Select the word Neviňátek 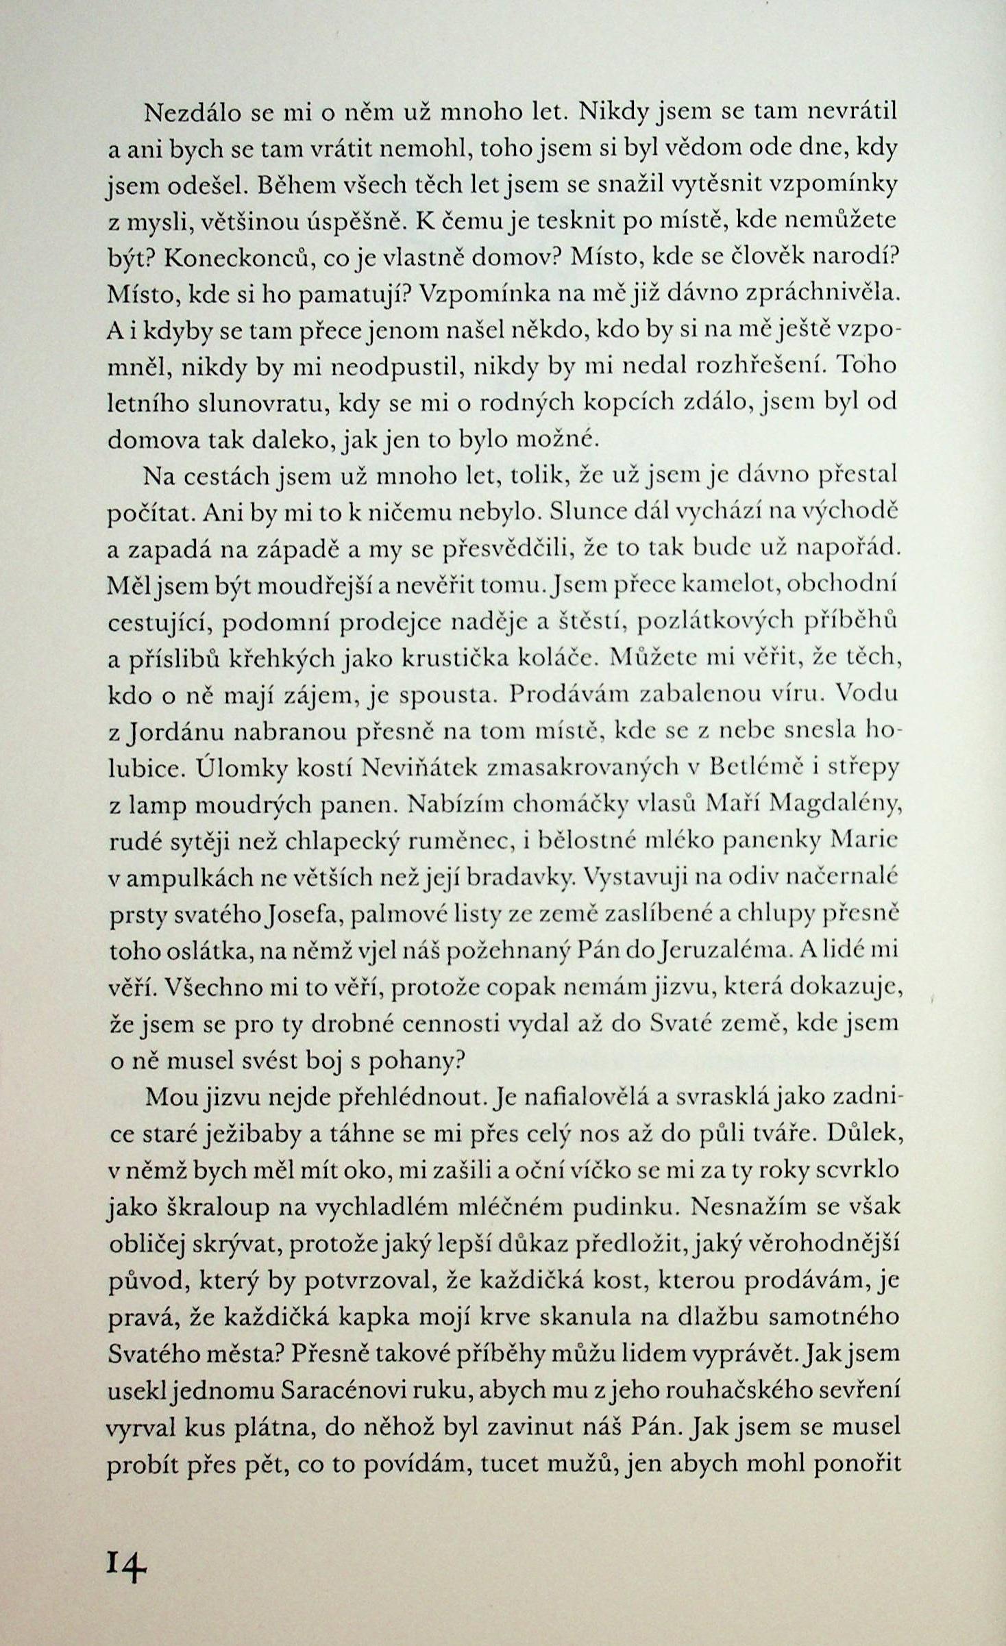[420, 768]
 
